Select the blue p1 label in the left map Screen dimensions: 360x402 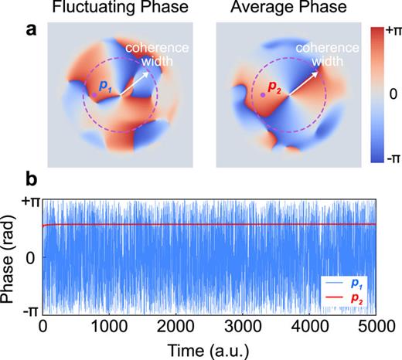pos(106,90)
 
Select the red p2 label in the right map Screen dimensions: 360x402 pos(275,90)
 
